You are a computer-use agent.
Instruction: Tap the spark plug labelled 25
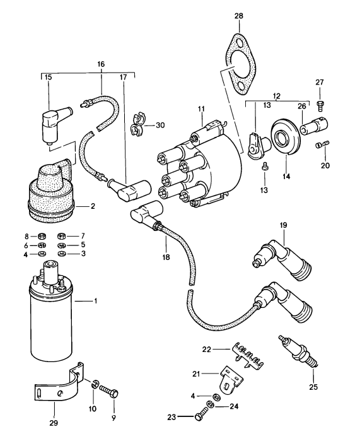[301, 353]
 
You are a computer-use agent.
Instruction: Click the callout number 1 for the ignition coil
[95, 300]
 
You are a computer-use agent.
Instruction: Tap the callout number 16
[101, 65]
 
